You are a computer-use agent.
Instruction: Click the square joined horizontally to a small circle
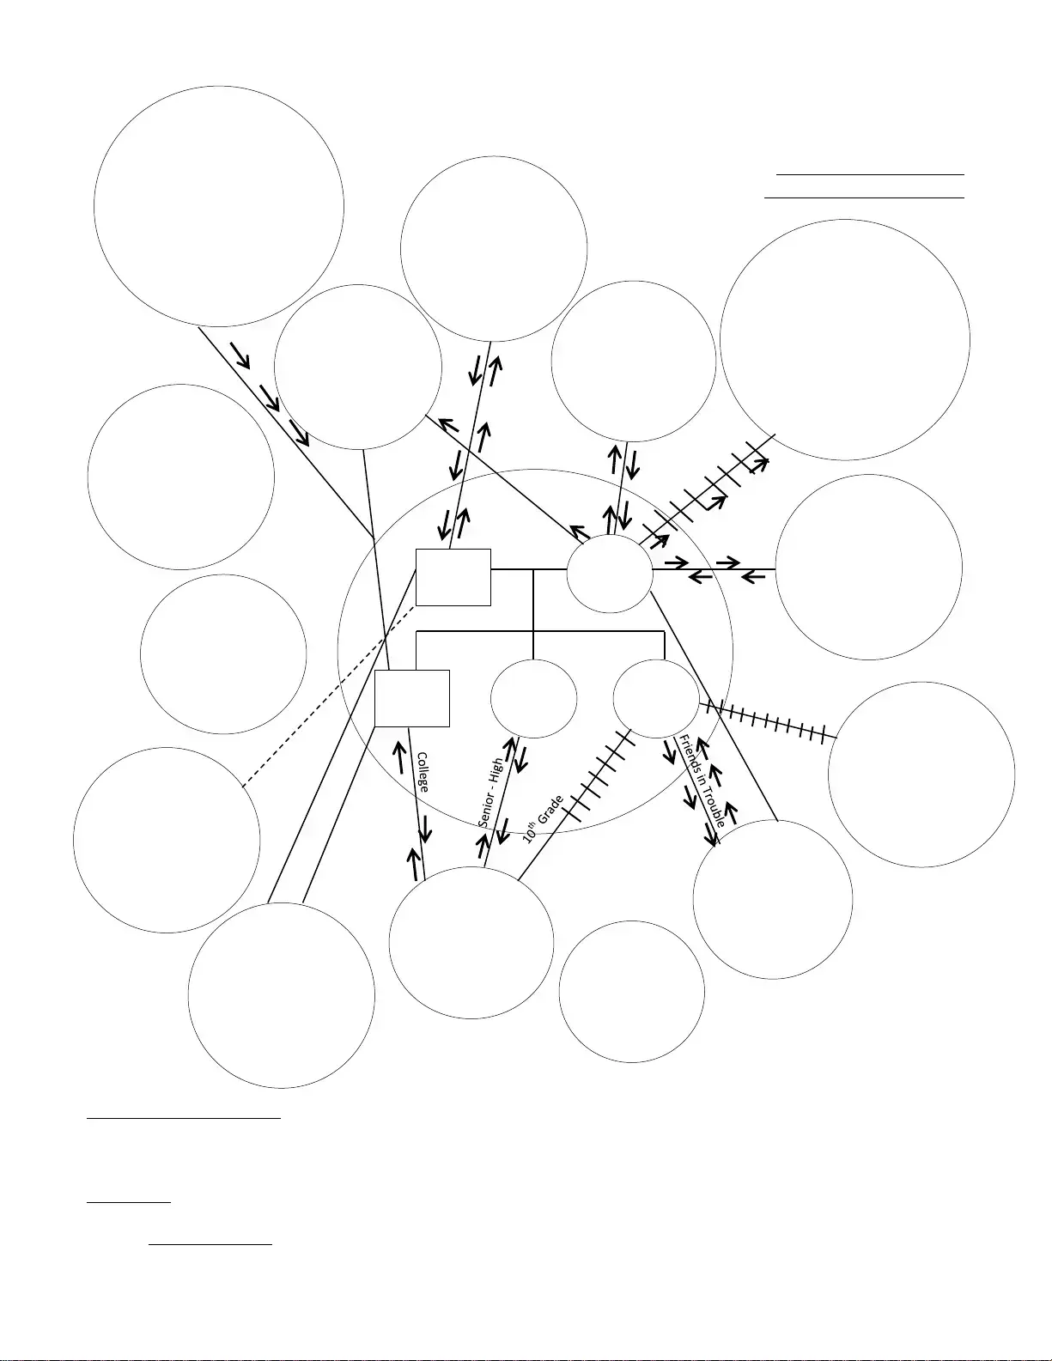pyautogui.click(x=453, y=578)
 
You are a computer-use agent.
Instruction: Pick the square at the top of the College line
pyautogui.click(x=412, y=698)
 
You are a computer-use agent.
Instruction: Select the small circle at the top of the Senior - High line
pyautogui.click(x=533, y=699)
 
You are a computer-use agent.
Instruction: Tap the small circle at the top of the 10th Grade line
pyautogui.click(x=656, y=699)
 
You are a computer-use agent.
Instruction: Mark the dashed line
pyautogui.click(x=329, y=696)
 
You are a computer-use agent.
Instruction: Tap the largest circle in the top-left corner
pyautogui.click(x=219, y=87)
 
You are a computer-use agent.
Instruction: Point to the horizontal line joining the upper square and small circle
pyautogui.click(x=529, y=569)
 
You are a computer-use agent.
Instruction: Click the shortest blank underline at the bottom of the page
pyautogui.click(x=128, y=1202)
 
